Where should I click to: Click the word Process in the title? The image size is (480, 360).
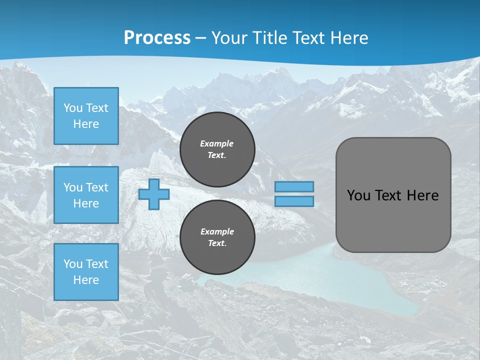(x=157, y=37)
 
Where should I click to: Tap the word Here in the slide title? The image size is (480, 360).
(x=347, y=37)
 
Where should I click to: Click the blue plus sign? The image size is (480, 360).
(x=154, y=194)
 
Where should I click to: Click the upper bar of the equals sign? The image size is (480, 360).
(x=294, y=186)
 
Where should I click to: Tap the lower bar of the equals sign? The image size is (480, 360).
(x=294, y=201)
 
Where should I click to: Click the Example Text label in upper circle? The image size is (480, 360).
(x=217, y=149)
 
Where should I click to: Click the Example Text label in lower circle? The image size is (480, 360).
(x=217, y=237)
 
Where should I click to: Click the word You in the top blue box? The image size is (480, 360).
(x=73, y=108)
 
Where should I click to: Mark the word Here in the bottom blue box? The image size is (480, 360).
(x=86, y=280)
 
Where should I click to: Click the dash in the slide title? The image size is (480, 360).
(x=201, y=38)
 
